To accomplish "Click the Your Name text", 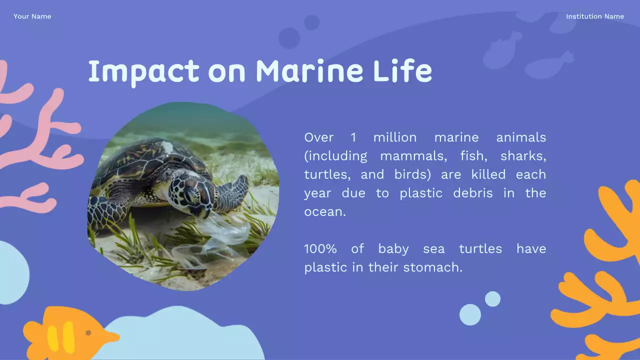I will tap(32, 16).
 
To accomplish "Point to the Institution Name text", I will tap(594, 16).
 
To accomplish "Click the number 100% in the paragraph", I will tap(320, 248).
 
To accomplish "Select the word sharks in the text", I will tap(523, 156).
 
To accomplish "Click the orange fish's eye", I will tap(88, 332).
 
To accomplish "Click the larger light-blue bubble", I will tap(470, 314).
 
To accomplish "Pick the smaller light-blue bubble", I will tap(492, 299).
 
